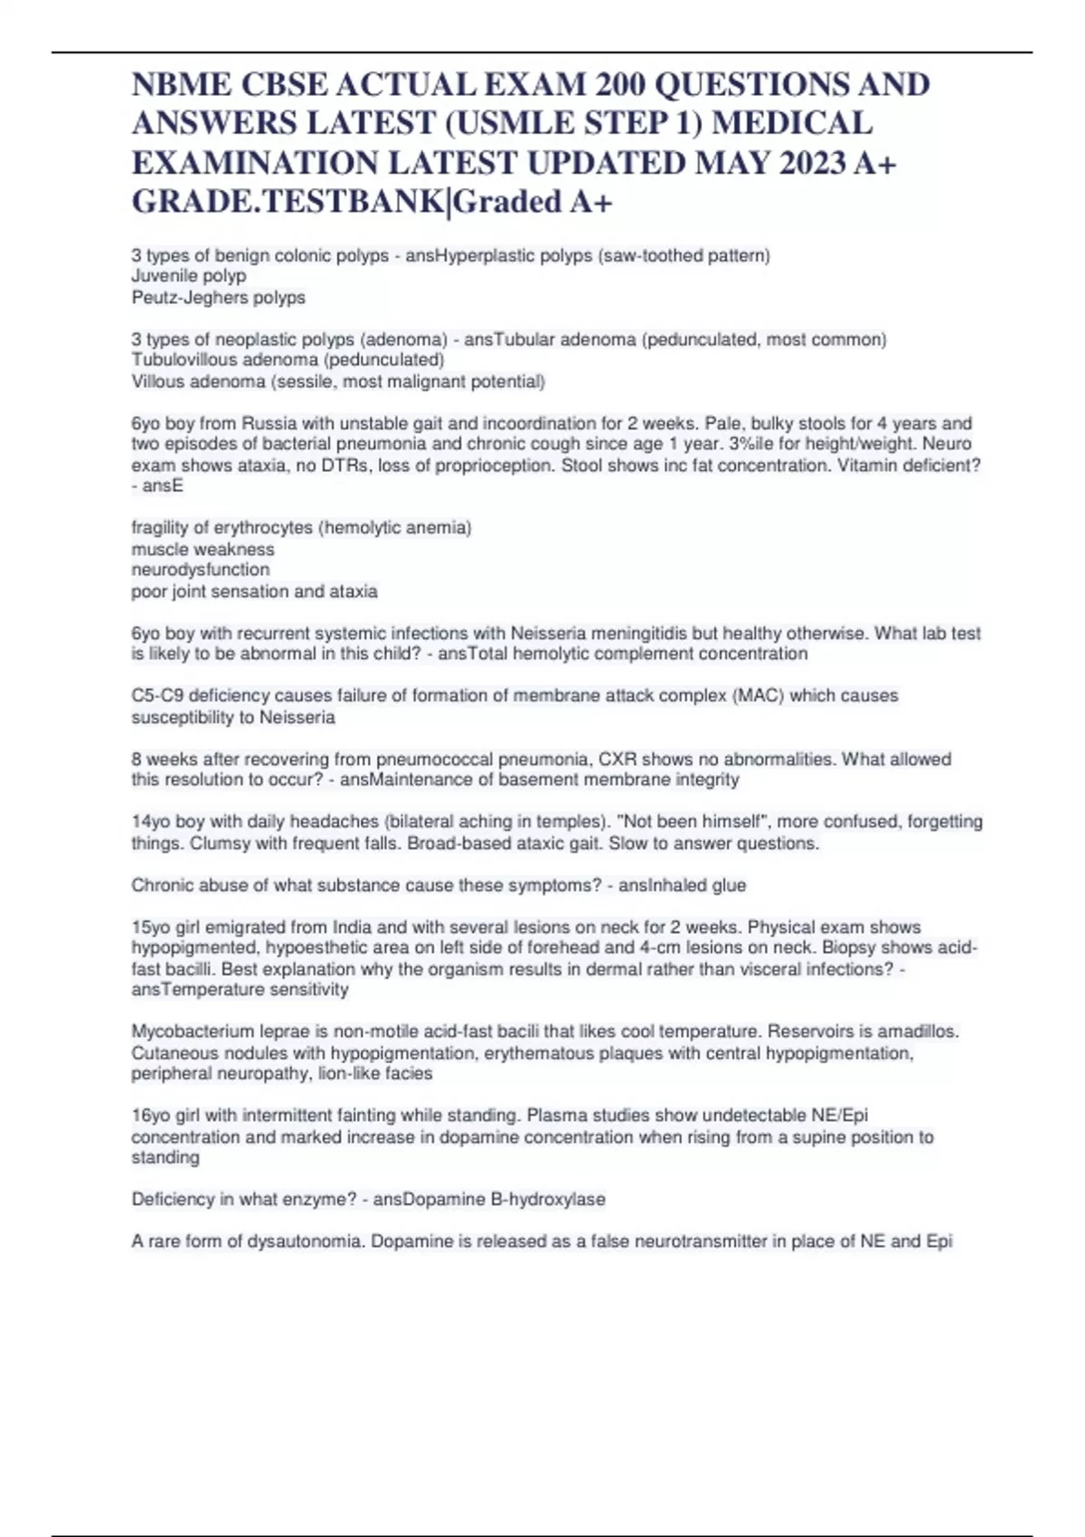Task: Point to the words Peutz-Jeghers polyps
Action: [x=219, y=297]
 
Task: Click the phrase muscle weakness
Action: [x=203, y=549]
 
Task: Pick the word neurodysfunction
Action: [x=201, y=570]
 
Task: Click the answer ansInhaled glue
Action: [x=683, y=885]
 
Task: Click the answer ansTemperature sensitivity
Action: [x=240, y=990]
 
